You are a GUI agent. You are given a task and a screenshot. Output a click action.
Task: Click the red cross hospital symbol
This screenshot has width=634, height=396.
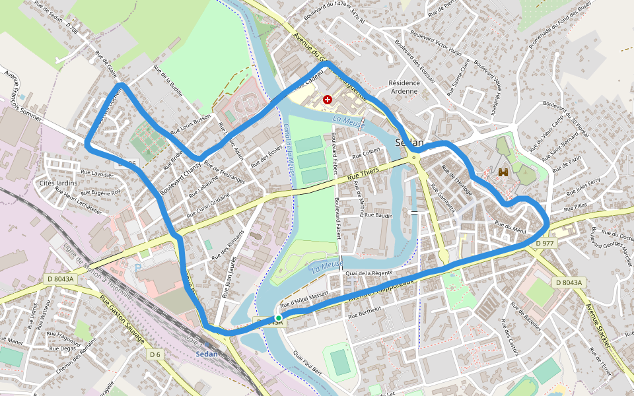point(327,100)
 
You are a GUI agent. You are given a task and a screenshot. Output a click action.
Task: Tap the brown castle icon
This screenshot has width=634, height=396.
point(503,172)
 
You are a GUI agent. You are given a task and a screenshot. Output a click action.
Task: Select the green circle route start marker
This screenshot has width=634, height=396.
point(279,318)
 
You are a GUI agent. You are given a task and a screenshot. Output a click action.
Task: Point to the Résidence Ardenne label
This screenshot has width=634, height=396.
point(404,87)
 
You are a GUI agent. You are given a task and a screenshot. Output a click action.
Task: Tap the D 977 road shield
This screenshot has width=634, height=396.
point(546,243)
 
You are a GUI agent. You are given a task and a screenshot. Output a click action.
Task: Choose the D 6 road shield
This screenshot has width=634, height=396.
point(155,355)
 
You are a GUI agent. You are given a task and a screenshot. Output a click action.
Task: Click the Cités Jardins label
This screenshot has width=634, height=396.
point(59,183)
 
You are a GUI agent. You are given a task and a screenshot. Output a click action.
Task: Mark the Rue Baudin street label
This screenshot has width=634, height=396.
point(378,215)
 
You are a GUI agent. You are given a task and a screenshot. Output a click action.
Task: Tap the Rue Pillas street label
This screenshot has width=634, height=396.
point(575,206)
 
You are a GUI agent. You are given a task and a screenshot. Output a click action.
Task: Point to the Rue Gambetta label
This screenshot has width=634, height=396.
point(444,197)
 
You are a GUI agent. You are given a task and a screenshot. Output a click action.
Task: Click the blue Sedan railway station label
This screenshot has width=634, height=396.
point(207,354)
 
